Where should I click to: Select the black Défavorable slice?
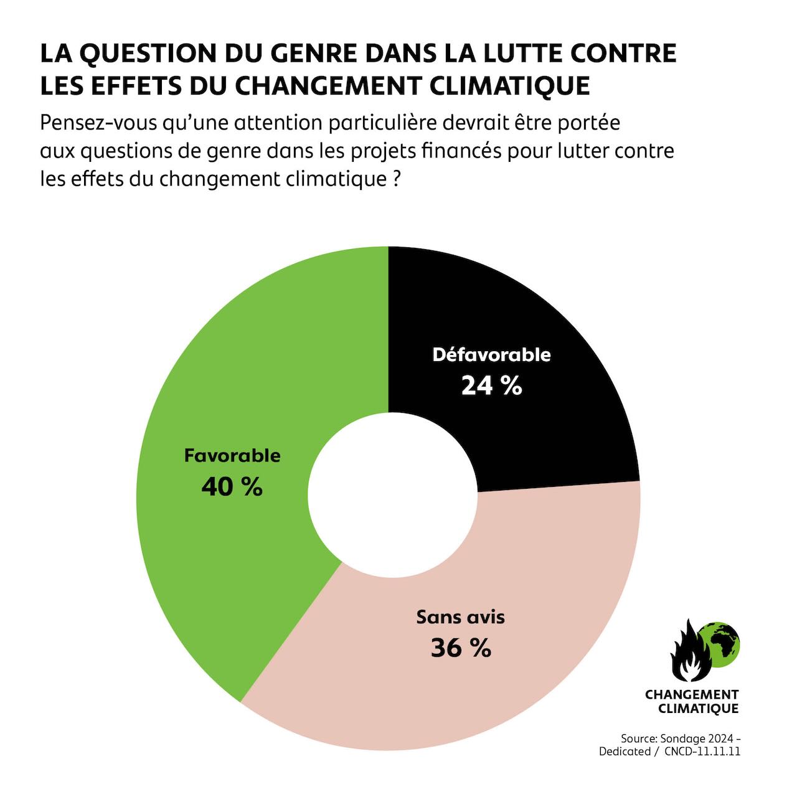[529, 311]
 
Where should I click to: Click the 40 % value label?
[232, 487]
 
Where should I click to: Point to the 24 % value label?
[491, 386]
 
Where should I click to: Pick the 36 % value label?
[461, 648]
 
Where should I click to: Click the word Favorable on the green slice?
[232, 456]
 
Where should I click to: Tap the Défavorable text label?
[491, 355]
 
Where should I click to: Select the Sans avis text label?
[461, 617]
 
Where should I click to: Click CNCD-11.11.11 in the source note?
[702, 752]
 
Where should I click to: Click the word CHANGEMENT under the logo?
[692, 694]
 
